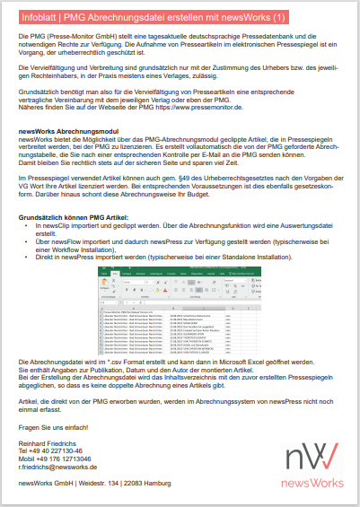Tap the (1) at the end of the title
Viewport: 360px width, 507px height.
tap(279, 17)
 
